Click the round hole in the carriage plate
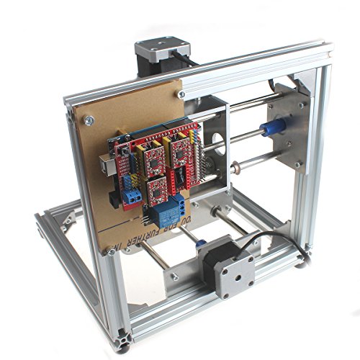[215, 141]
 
